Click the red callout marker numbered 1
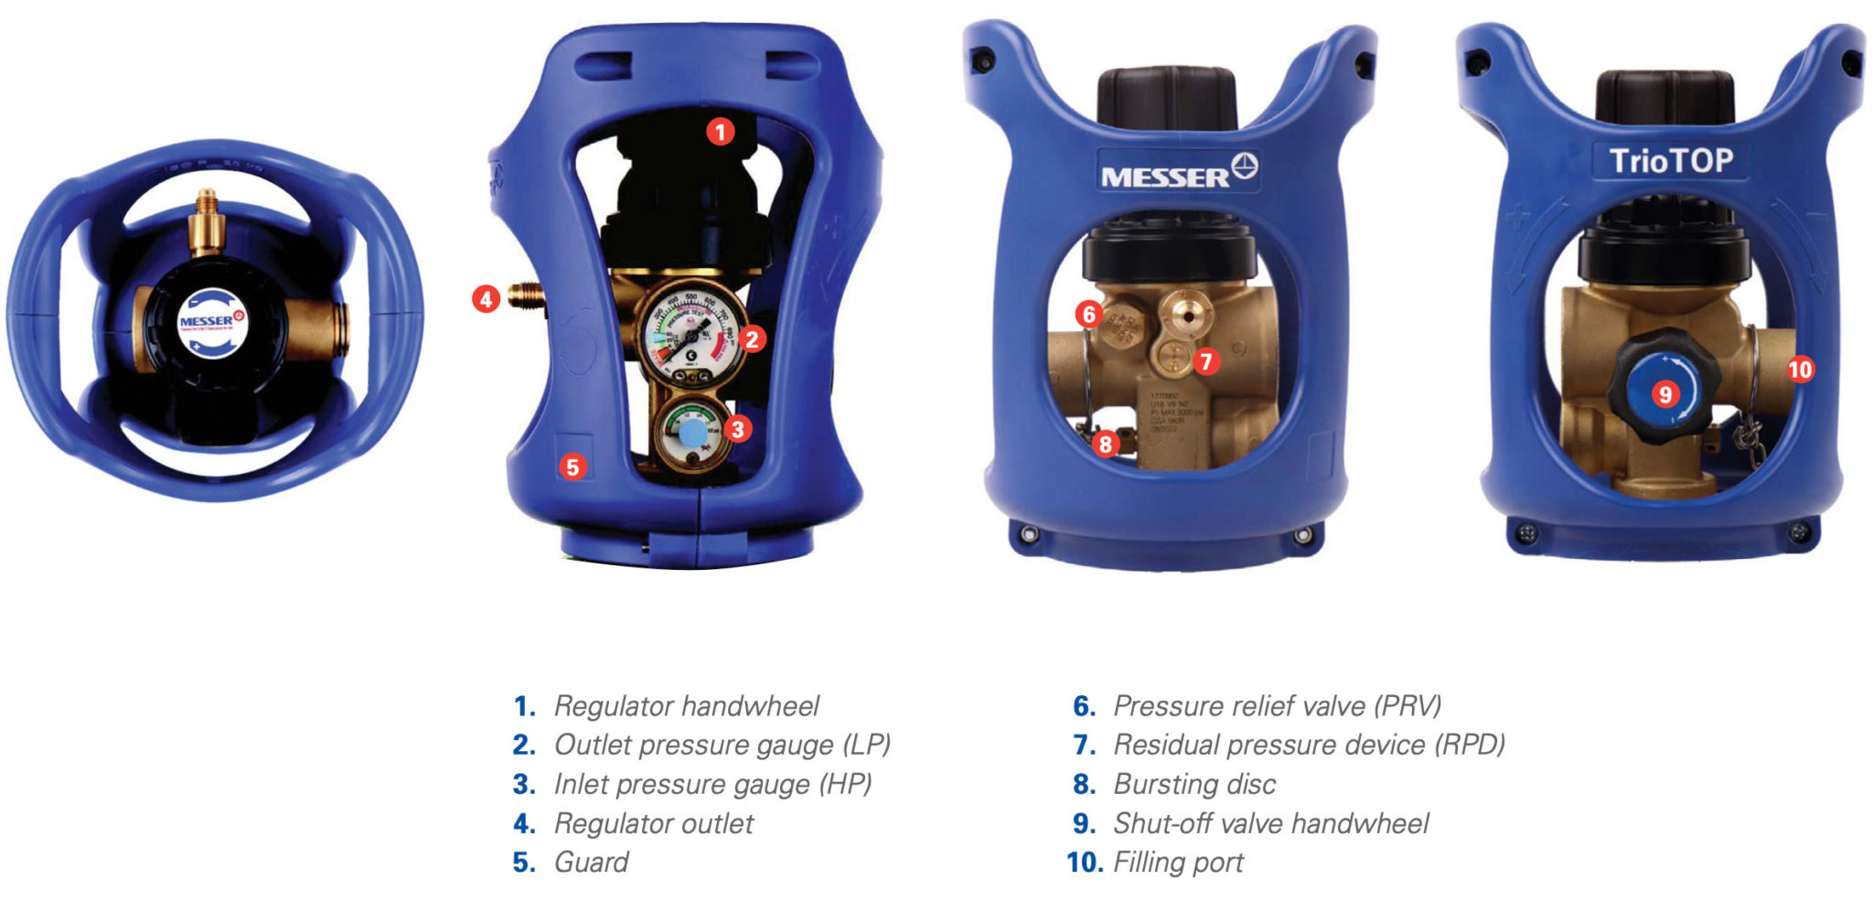pos(720,133)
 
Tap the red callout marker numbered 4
pos(486,298)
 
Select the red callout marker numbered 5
pos(573,467)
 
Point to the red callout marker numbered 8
pos(1106,444)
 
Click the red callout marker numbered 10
pos(1800,370)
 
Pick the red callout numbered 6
pos(1088,315)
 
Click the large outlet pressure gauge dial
pos(690,335)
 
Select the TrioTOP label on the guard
pos(1671,161)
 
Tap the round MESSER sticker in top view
pos(212,323)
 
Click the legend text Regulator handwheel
pos(686,706)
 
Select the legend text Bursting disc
pos(1193,784)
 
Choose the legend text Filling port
pos(1178,862)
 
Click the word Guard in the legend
pos(591,862)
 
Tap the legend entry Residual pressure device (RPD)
pos(1308,745)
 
